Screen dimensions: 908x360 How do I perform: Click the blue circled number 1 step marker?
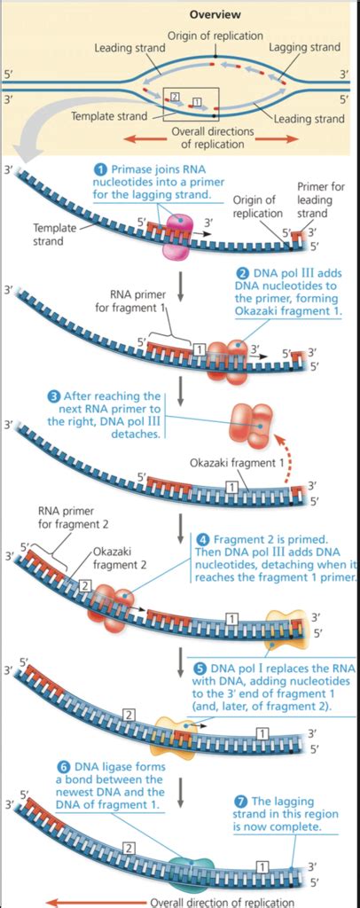pos(101,169)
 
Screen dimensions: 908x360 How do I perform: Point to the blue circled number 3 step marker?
pos(54,395)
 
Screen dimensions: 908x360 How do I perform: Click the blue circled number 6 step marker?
pos(63,766)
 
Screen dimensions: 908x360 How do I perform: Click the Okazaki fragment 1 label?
pos(238,462)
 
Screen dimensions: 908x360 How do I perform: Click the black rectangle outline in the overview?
pos(192,101)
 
